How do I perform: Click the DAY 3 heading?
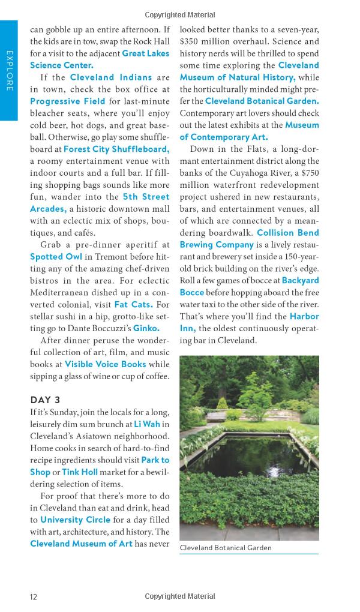[46, 400]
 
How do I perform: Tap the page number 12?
[34, 596]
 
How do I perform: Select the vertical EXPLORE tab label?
[10, 71]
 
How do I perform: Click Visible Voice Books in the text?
[105, 364]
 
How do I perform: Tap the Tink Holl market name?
[80, 472]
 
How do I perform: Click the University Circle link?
[75, 520]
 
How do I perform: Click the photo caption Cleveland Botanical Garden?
[226, 548]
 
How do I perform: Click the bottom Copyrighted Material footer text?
[180, 596]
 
